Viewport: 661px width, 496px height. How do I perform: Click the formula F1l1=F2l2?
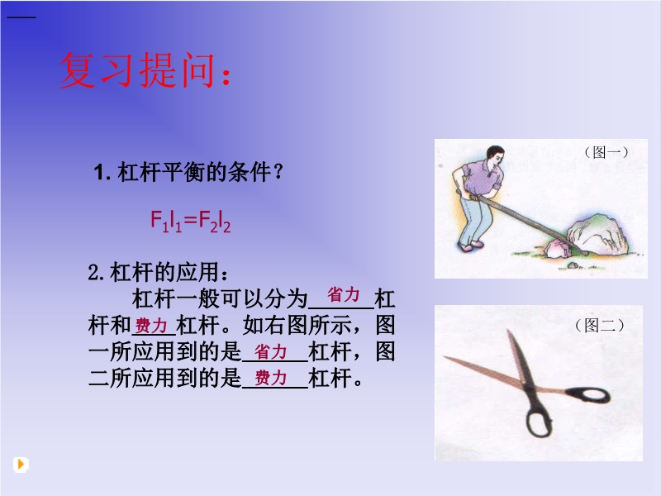pyautogui.click(x=191, y=221)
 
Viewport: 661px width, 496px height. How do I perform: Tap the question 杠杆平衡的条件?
pyautogui.click(x=194, y=172)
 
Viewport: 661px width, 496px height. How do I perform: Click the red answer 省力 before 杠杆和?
pyautogui.click(x=344, y=294)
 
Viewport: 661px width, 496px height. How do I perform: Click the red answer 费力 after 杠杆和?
pyautogui.click(x=151, y=326)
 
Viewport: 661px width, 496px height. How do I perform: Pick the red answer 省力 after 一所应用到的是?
pyautogui.click(x=271, y=352)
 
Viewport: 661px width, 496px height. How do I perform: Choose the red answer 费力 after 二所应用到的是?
pyautogui.click(x=271, y=378)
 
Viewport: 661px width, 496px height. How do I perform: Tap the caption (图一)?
pyautogui.click(x=606, y=152)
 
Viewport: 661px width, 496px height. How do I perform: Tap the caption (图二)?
pyautogui.click(x=600, y=326)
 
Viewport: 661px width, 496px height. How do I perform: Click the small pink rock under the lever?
pyautogui.click(x=559, y=249)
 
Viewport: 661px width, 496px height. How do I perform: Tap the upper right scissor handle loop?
pyautogui.click(x=589, y=395)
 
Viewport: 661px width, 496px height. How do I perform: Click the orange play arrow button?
pyautogui.click(x=21, y=465)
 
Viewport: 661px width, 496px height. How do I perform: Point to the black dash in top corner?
pyautogui.click(x=21, y=17)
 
